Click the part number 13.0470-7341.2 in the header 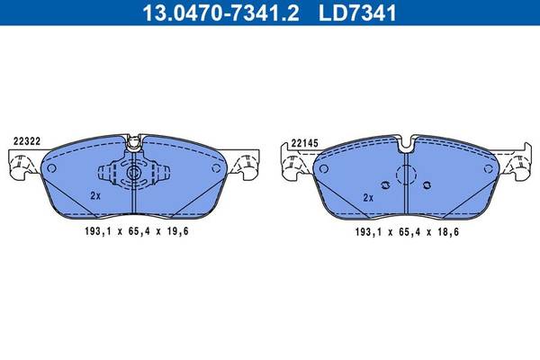(220, 13)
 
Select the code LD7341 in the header (357, 13)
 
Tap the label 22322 (27, 141)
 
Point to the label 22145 (304, 143)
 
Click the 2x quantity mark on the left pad (95, 196)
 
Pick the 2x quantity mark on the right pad (368, 198)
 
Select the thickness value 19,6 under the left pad (177, 231)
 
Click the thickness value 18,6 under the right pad (448, 232)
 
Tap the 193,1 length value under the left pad (98, 231)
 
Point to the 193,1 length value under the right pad (368, 232)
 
